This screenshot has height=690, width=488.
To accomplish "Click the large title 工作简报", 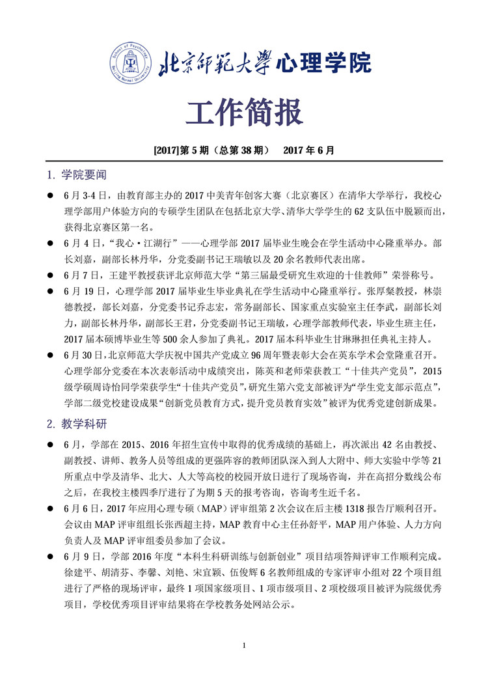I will click(x=244, y=113).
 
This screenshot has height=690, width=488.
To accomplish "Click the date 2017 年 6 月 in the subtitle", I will click(x=309, y=150).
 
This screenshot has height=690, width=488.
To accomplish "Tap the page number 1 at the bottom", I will click(x=243, y=646).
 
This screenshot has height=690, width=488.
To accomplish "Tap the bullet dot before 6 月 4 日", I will click(x=48, y=242).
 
